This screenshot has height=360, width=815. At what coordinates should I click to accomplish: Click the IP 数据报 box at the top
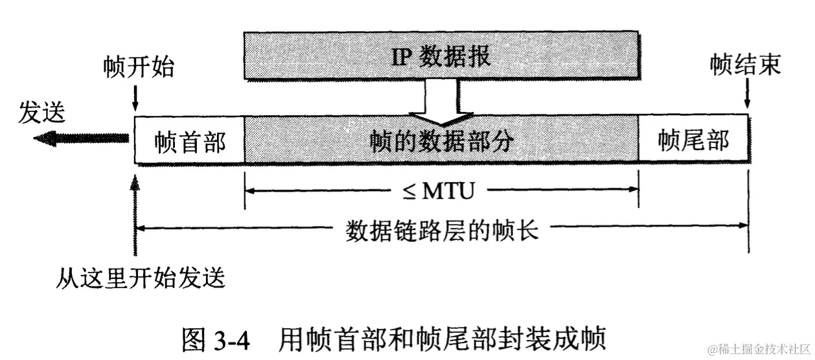[x=441, y=57]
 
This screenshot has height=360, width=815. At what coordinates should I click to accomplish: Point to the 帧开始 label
[x=139, y=66]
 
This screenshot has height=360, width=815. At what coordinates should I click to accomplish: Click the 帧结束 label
[x=745, y=65]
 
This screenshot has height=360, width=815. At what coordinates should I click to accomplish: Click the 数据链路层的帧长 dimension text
[x=442, y=229]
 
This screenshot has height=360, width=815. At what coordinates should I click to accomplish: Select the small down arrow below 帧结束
[x=748, y=98]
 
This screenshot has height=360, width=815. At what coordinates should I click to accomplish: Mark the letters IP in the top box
[x=400, y=57]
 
